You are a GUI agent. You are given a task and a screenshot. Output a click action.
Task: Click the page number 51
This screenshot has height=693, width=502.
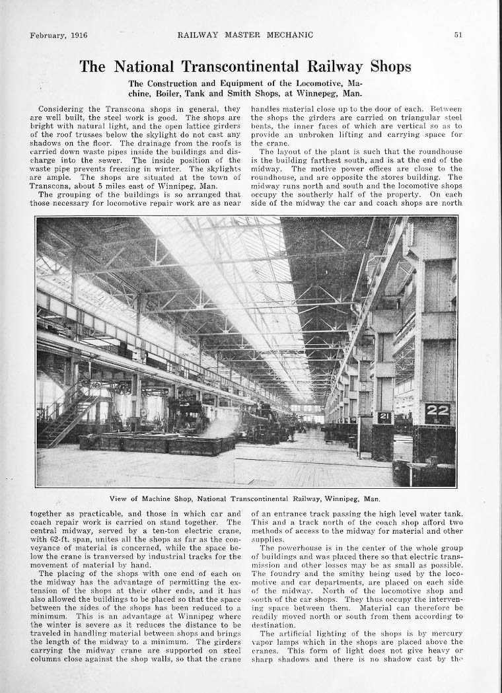458,36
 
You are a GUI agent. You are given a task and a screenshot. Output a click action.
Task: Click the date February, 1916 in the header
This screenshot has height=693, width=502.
58,36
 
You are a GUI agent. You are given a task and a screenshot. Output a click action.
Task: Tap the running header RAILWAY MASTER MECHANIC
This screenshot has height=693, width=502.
245,35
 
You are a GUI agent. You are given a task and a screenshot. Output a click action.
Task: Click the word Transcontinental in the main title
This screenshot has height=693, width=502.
240,67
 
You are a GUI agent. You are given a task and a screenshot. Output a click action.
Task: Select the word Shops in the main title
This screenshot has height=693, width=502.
390,67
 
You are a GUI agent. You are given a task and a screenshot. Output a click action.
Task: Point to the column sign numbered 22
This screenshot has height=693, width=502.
437,411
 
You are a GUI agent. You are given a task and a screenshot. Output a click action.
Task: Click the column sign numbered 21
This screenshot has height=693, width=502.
384,418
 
